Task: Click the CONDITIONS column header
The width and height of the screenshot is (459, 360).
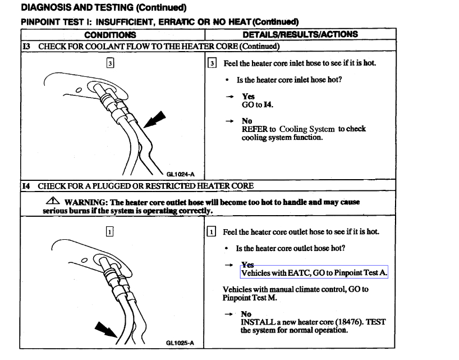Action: [110, 35]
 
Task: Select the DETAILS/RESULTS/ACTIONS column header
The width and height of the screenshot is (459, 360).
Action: [300, 34]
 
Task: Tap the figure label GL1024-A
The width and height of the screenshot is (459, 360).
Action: [185, 174]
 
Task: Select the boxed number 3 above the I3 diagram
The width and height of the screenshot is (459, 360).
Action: [110, 63]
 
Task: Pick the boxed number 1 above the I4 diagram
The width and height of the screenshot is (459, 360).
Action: [110, 231]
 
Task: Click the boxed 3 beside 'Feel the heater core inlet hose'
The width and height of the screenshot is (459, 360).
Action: [212, 63]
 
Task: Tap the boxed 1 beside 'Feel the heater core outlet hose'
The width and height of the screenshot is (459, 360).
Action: [212, 231]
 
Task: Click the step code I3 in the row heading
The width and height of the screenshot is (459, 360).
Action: [26, 46]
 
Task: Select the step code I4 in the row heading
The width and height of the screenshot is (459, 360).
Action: [26, 186]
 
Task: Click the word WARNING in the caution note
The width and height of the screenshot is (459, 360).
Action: [84, 202]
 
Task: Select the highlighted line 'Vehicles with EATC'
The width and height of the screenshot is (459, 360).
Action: [314, 273]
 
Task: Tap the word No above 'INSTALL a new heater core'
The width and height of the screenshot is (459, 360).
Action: [246, 315]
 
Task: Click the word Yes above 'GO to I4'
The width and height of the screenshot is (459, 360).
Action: [248, 97]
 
